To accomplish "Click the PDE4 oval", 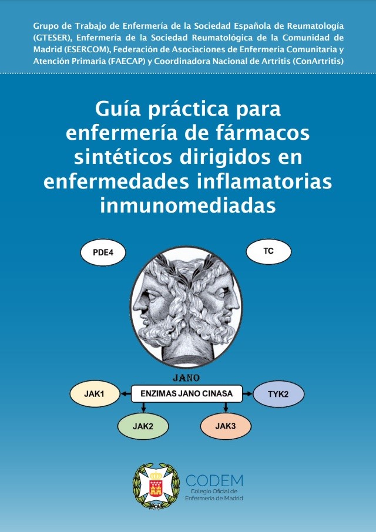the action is click(x=103, y=252).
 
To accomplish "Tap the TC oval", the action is click(x=268, y=252).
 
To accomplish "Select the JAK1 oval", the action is click(x=95, y=394).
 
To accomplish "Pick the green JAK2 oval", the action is click(x=143, y=427).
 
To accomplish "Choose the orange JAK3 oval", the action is click(x=226, y=426).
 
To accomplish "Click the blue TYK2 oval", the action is click(x=278, y=394).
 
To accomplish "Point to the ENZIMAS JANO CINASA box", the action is click(x=187, y=393).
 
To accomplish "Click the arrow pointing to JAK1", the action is click(x=126, y=394).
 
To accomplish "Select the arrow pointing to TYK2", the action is click(x=247, y=393).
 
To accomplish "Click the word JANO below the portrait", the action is click(x=187, y=378).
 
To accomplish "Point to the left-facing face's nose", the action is click(x=137, y=305).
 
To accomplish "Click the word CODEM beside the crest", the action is click(x=214, y=480).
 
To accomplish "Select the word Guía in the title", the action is click(x=116, y=109).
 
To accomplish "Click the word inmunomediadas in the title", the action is click(x=187, y=206).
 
